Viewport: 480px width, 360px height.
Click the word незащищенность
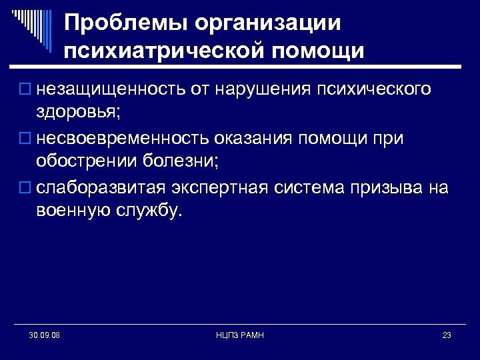[102, 89]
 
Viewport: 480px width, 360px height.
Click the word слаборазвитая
[100, 188]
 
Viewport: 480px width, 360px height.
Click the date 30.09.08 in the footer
[45, 335]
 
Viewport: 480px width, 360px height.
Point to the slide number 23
[447, 335]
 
